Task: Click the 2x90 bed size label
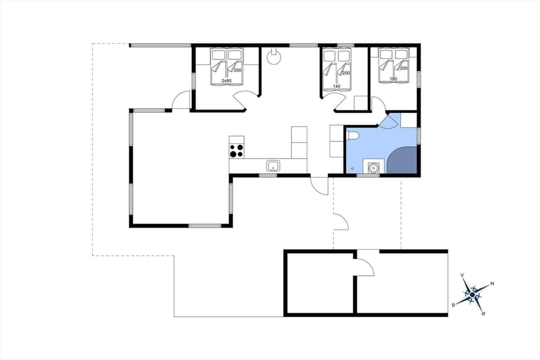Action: coord(226,81)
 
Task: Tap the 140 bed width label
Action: coord(337,86)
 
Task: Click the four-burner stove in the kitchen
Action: coord(237,150)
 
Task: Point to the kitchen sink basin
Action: coord(273,165)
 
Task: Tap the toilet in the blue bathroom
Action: coord(353,136)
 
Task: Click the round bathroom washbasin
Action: coord(372,167)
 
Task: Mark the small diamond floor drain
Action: coord(352,168)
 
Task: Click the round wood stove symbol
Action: coord(274,57)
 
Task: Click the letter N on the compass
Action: coord(492,283)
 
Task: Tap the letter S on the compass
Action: coord(453,305)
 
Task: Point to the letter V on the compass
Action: coord(462,275)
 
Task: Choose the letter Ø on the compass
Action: coord(483,313)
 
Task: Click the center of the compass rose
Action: coord(472,294)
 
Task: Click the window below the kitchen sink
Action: coord(268,175)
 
